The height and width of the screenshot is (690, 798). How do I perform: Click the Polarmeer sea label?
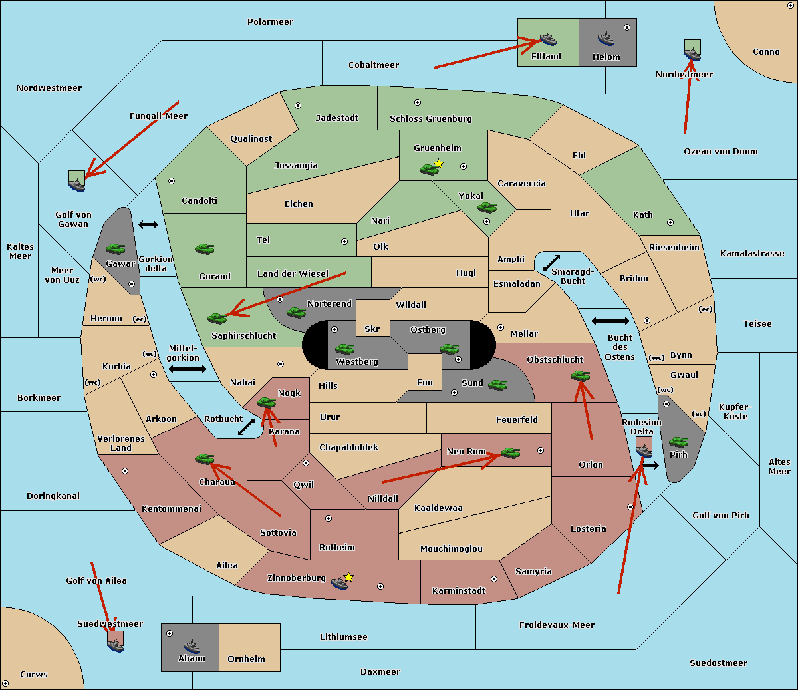(270, 22)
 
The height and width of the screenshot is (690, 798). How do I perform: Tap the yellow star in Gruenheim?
(438, 164)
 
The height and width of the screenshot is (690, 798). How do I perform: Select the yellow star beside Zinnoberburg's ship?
(349, 577)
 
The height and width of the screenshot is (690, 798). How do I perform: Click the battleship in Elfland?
(547, 39)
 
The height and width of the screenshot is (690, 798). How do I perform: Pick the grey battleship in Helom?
(605, 39)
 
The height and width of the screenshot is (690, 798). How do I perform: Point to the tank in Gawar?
(116, 248)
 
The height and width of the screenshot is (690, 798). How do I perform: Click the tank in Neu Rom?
(510, 453)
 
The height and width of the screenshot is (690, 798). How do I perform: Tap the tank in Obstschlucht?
(580, 376)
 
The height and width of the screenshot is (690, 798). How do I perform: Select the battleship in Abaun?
(192, 646)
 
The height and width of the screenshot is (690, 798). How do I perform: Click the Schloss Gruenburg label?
(430, 119)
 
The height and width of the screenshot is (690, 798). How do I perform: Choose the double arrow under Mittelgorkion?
(188, 369)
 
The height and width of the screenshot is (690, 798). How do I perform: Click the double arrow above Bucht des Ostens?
(610, 321)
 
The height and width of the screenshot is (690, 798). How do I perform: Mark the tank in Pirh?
(678, 442)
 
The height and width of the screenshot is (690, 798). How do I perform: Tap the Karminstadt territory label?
(459, 591)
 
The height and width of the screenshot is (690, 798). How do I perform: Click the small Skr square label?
(372, 329)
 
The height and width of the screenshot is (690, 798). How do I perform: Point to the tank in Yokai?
(487, 208)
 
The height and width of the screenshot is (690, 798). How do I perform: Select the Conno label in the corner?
(766, 52)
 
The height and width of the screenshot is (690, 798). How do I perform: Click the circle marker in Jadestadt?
(298, 106)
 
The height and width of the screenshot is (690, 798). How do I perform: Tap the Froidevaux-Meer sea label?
(557, 625)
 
